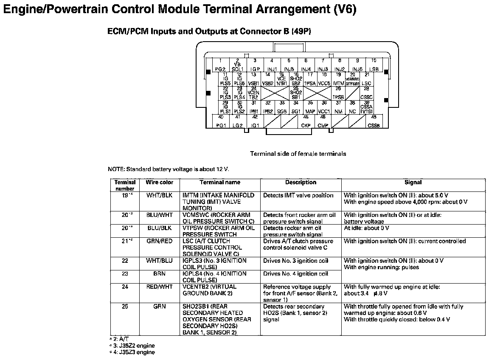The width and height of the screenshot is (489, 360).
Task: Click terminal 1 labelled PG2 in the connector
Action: pos(220,65)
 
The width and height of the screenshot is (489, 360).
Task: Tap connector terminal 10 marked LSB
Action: pos(374,65)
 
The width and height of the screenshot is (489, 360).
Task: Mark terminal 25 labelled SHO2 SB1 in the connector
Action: pos(296,93)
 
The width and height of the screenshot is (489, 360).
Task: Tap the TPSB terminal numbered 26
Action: pos(338,93)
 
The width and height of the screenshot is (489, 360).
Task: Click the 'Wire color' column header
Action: pos(160,183)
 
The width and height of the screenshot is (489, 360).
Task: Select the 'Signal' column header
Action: pos(413,183)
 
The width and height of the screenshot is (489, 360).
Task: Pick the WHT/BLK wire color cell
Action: pos(160,195)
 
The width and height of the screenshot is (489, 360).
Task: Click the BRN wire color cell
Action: pos(160,274)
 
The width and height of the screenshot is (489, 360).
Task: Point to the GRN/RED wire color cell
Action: pos(160,241)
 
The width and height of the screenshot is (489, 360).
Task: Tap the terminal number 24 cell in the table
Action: pos(125,287)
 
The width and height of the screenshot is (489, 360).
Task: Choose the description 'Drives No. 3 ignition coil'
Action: pos(296,261)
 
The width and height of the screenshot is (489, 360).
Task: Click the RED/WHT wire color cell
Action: pos(160,287)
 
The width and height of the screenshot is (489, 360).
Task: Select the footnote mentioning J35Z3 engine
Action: pos(132,352)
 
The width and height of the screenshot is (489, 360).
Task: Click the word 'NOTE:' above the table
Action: pos(116,169)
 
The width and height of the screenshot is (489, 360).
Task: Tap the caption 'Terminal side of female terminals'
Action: pos(298,154)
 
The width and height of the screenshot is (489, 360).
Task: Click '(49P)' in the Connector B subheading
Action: pos(301,31)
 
